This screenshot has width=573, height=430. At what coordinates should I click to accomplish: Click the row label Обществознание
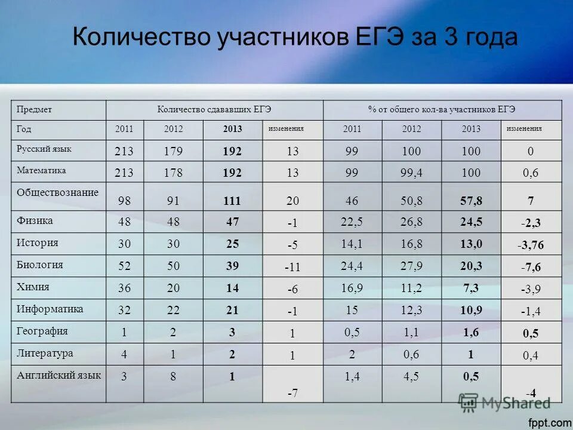click(x=57, y=192)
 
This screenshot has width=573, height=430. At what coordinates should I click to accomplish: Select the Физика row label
click(x=35, y=220)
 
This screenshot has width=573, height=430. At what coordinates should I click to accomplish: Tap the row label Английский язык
click(x=58, y=375)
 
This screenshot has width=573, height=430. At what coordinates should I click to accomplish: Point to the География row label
click(x=42, y=331)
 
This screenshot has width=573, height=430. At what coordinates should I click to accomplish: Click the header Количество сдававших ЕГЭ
click(x=214, y=109)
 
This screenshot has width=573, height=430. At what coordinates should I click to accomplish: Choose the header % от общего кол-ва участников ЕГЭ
click(x=442, y=109)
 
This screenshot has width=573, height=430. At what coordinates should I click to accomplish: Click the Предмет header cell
click(x=34, y=109)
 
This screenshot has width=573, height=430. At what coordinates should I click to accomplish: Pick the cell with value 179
click(x=174, y=152)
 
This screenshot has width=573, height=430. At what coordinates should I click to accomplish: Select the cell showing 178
click(x=174, y=173)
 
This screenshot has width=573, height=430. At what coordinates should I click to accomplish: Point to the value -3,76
click(x=531, y=244)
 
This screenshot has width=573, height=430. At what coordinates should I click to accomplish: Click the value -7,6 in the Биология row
click(x=531, y=267)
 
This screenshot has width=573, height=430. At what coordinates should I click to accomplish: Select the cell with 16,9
click(x=352, y=288)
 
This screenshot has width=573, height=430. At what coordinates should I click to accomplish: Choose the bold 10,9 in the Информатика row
click(x=471, y=310)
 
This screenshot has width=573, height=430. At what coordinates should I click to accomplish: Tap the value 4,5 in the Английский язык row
click(x=411, y=376)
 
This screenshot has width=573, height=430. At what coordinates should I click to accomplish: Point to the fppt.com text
click(x=550, y=422)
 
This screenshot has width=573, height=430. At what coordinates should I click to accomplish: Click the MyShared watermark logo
click(x=504, y=403)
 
